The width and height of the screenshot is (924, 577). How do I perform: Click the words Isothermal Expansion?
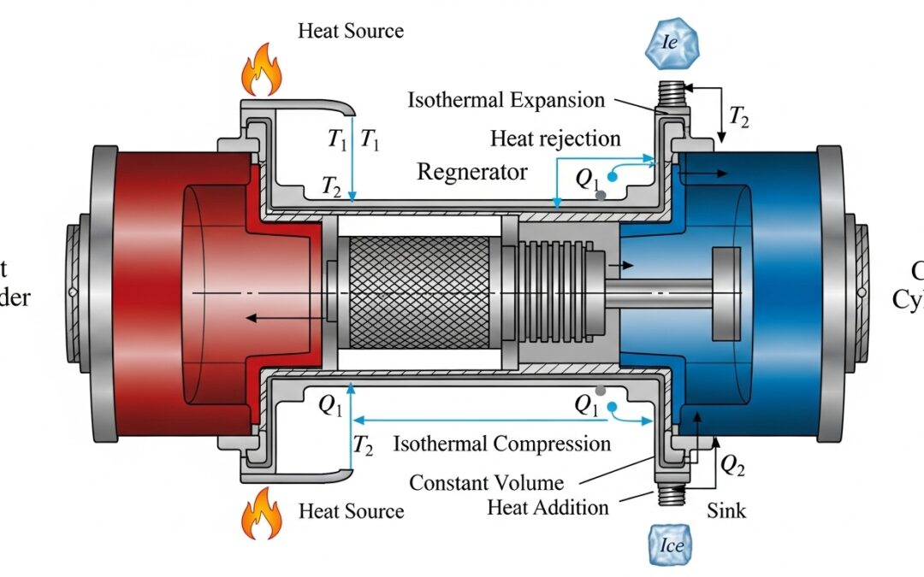coord(506,100)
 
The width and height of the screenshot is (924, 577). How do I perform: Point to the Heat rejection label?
coord(555,138)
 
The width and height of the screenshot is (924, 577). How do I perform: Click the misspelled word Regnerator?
coord(471,172)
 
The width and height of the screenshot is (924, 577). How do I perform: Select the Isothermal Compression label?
coord(502,444)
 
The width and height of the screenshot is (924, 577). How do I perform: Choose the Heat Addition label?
coord(548,507)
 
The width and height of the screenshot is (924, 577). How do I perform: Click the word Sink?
coord(726,511)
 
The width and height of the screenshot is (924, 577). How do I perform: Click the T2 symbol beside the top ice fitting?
coord(737,117)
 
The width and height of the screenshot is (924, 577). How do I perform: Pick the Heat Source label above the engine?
coord(351,32)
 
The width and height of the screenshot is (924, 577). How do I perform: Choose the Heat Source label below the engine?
coord(351,511)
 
